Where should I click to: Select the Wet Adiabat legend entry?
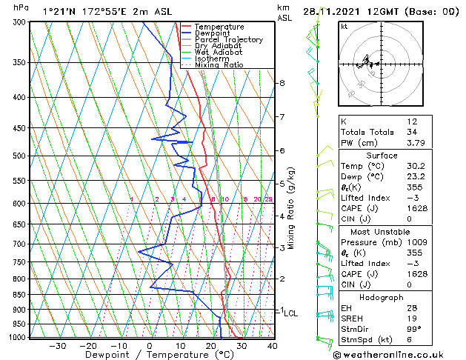point(219,53)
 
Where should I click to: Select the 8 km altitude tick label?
point(282,83)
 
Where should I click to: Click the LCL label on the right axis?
point(290,313)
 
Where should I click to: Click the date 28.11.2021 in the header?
point(333,11)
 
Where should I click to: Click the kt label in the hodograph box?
point(344,27)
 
